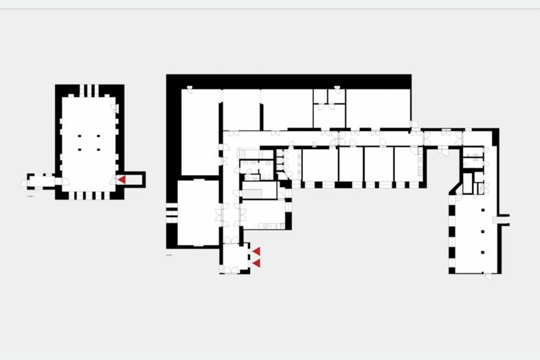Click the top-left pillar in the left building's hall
[x=80, y=136]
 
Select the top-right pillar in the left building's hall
[x=98, y=136]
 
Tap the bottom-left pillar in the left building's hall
[x=80, y=148]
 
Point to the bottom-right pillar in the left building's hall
[x=98, y=148]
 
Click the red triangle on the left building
[x=121, y=179]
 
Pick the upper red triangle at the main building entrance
[x=256, y=252]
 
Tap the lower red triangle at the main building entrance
[x=256, y=263]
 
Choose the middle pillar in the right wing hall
[x=483, y=232]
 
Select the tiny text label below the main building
[x=169, y=255]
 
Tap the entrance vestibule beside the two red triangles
[x=234, y=259]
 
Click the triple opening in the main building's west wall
[x=169, y=210]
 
